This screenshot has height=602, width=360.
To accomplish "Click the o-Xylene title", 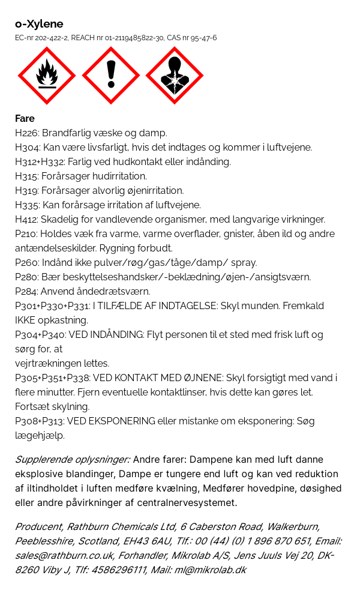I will (39, 24).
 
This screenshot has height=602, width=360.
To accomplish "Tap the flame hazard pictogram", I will (47, 76).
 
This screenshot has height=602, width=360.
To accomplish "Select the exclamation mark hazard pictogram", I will (111, 76).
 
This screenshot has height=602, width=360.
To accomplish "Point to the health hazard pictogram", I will (175, 76).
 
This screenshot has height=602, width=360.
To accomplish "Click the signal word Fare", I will (25, 118).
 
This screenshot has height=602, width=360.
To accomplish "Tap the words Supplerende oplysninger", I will (72, 460).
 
